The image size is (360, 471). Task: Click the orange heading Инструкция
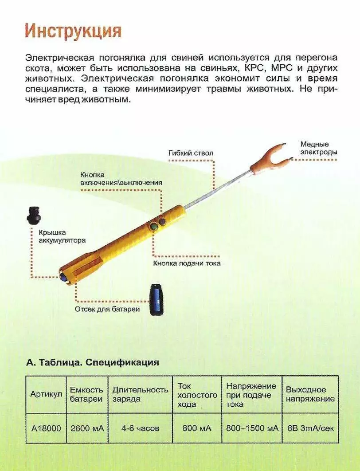click(73, 31)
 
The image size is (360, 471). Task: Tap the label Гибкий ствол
click(191, 153)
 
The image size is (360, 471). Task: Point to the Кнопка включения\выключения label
click(121, 178)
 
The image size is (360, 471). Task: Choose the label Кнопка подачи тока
click(187, 263)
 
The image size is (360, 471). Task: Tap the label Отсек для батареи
click(107, 309)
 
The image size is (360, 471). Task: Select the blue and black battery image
click(156, 300)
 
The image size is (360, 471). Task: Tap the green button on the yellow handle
click(153, 227)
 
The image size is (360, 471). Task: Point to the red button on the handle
click(162, 221)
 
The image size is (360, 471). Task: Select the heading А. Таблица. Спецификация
click(93, 362)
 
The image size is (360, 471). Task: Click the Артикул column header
click(46, 394)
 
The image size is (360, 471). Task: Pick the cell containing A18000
click(46, 428)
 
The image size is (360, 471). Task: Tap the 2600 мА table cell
click(86, 428)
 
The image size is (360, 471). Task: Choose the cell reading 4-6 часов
click(140, 428)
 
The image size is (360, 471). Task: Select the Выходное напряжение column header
click(310, 394)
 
